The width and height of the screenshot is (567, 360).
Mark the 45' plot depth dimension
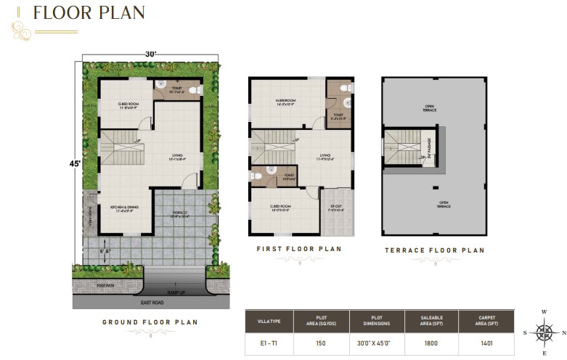tap(75, 163)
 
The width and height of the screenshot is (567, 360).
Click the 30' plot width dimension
tap(150, 54)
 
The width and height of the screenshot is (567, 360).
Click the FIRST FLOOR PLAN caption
tap(298, 249)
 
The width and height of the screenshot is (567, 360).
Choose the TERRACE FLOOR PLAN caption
tap(433, 250)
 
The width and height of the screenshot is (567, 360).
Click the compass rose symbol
tap(544, 332)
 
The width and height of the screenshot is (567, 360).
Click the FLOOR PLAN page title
tap(89, 13)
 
